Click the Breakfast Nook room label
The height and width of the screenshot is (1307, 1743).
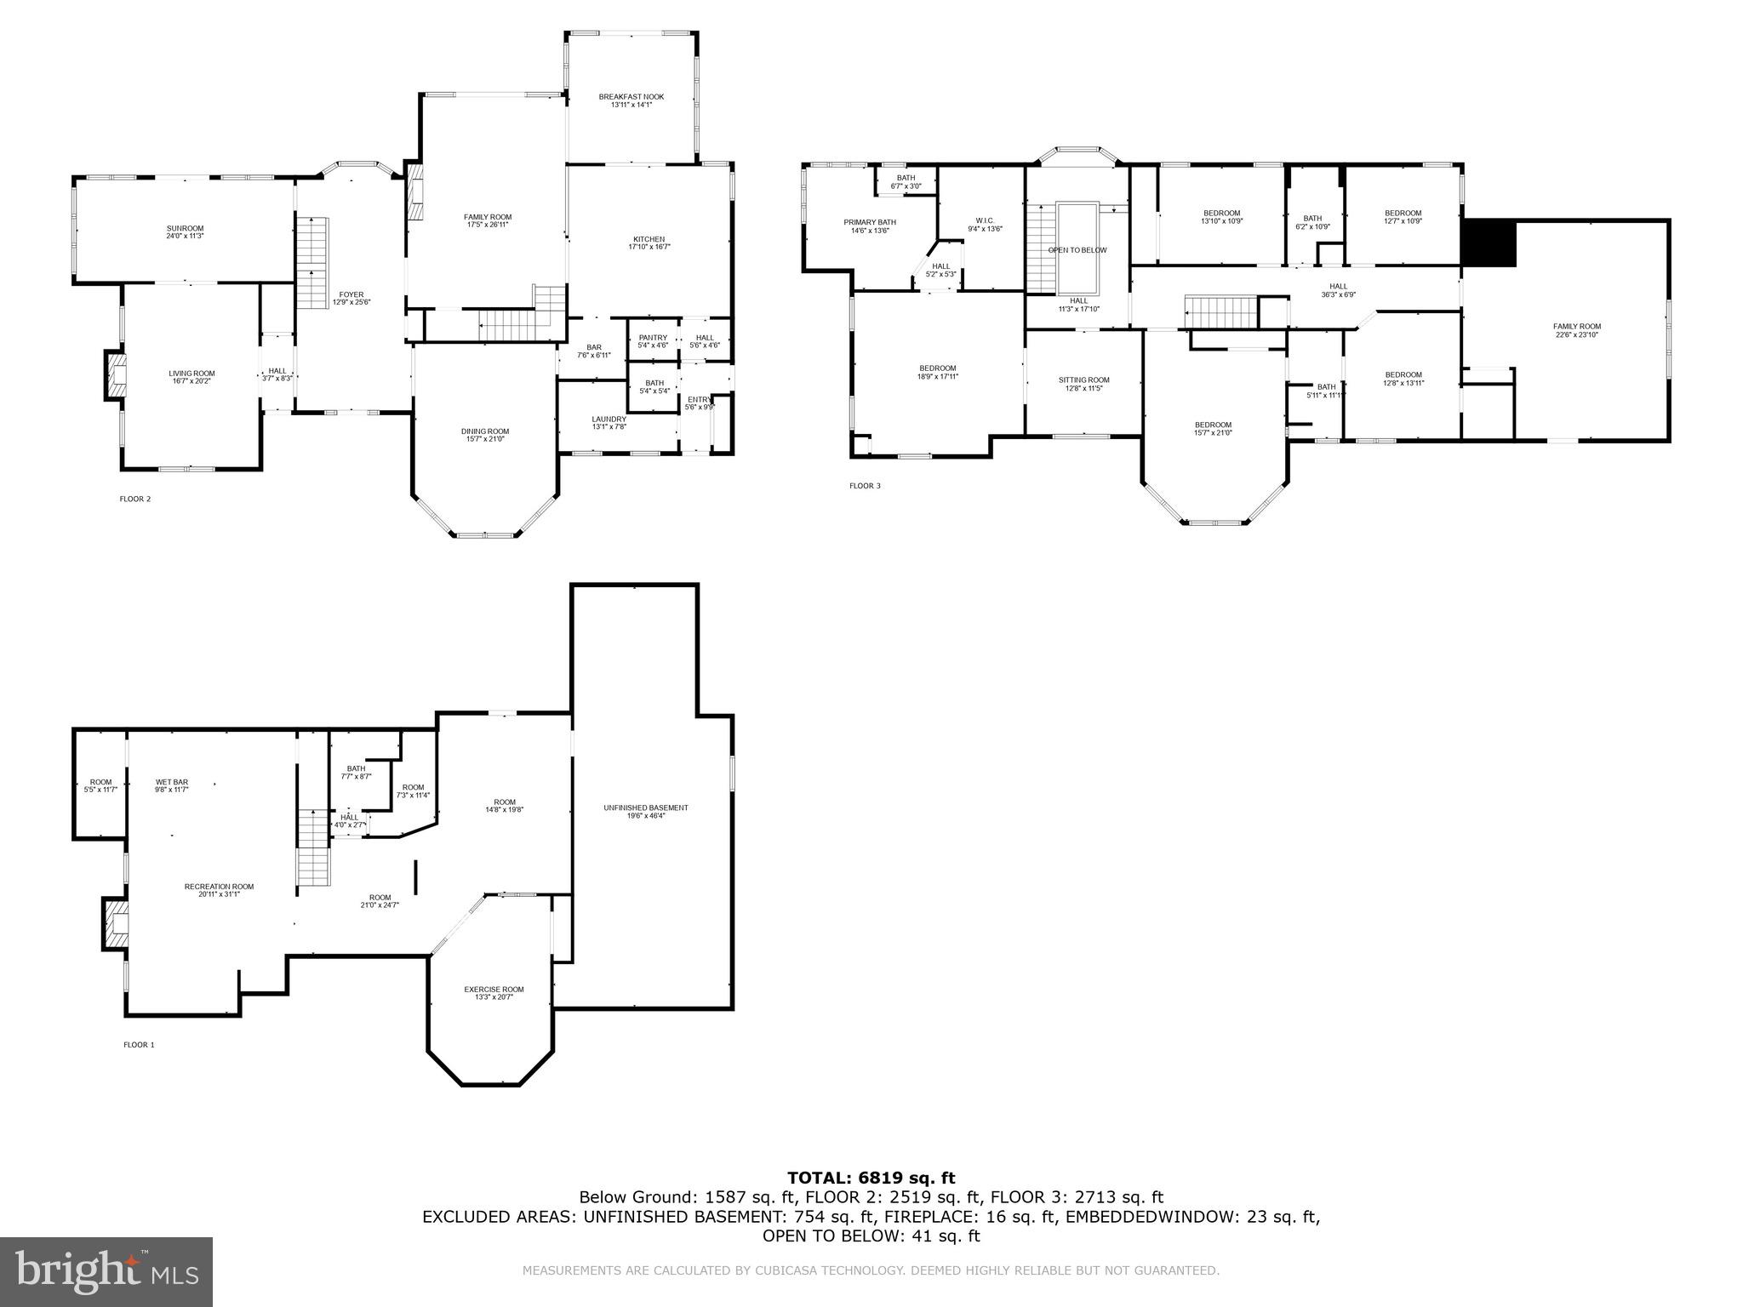[x=631, y=100]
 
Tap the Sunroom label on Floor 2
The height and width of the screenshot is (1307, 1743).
[x=185, y=231]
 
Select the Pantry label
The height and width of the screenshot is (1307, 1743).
[x=653, y=341]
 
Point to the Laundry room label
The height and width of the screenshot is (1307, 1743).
[x=609, y=422]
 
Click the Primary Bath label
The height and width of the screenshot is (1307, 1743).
[x=870, y=225]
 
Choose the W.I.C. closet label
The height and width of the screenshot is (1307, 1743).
[x=985, y=225]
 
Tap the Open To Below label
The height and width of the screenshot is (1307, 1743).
[x=1077, y=250]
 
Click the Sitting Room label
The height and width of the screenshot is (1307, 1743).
[x=1083, y=384]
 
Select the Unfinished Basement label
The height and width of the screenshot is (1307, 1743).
[x=645, y=811]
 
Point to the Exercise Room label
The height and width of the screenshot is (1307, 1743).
[x=494, y=992]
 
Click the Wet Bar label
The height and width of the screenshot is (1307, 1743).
[x=171, y=785]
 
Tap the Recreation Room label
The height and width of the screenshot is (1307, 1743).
[x=219, y=890]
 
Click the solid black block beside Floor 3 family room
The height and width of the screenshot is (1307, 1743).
[x=1489, y=243]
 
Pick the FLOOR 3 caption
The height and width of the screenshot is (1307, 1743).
[x=865, y=486]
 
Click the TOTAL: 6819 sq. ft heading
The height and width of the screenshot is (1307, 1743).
[x=871, y=1178]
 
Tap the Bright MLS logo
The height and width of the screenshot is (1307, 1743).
[x=106, y=1271]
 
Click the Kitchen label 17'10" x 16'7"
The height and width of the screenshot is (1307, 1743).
[x=648, y=243]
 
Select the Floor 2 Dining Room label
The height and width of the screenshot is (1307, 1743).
[x=486, y=435]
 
